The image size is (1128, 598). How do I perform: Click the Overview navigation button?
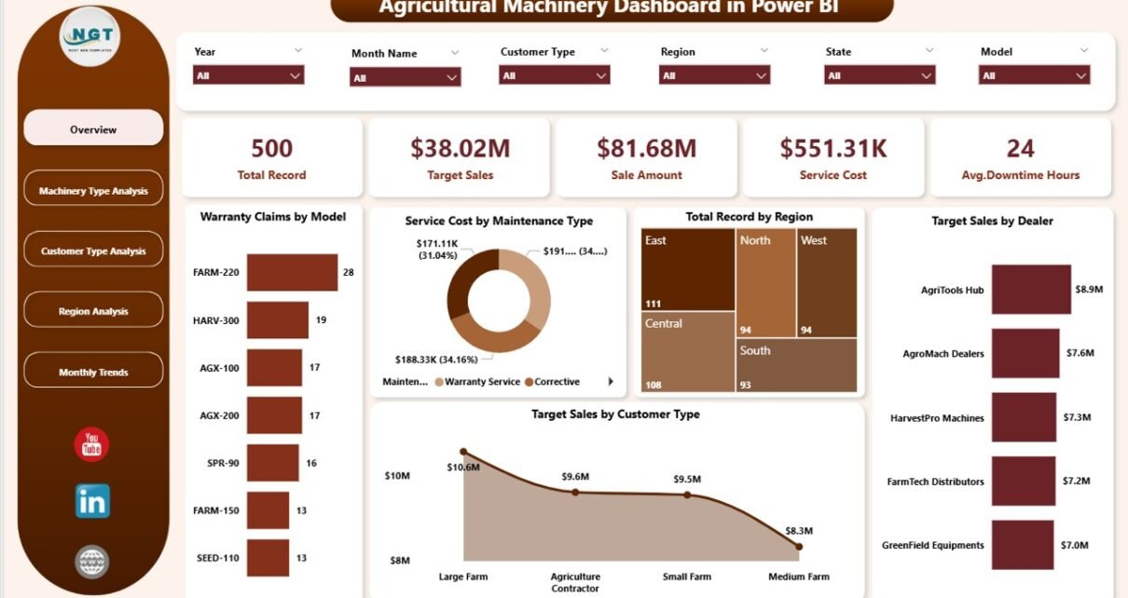93,129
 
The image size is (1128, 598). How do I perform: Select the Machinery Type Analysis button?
93,191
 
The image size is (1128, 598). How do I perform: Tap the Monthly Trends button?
93,372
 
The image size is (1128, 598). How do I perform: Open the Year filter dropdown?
248,75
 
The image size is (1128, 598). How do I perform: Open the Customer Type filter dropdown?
555,75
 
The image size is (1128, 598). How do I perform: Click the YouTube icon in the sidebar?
91,444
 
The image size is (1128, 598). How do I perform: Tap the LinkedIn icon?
92,500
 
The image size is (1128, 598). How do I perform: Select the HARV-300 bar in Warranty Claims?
277,319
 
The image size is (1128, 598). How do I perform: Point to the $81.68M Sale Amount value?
646,148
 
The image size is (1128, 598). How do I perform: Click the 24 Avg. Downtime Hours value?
1020,148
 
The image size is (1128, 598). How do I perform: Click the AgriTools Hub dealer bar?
1031,290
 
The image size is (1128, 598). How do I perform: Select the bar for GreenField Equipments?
1022,545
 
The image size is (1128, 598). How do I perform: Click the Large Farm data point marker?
464,452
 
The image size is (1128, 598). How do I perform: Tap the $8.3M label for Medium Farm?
799,529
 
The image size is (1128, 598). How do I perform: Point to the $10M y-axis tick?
398,476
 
